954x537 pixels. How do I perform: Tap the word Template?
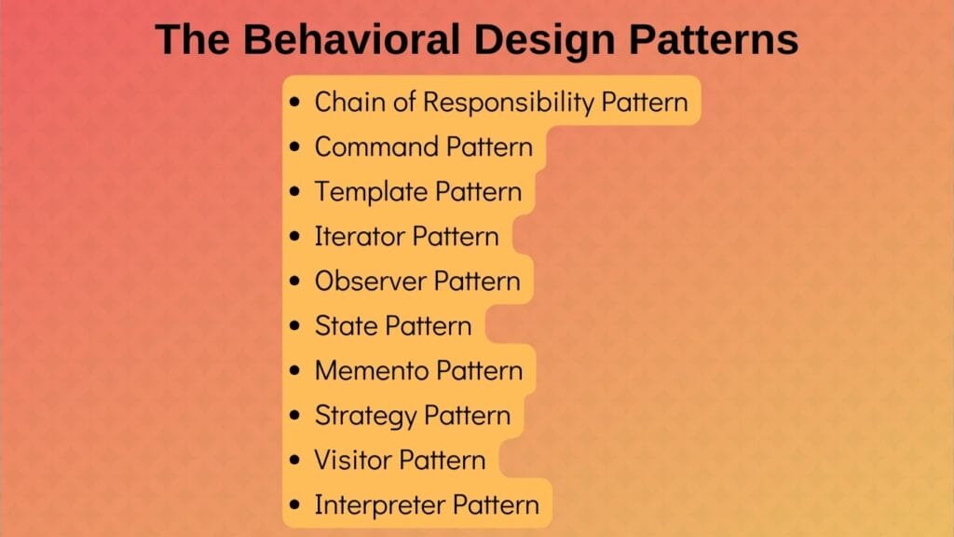point(371,191)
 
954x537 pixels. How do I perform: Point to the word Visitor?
point(353,460)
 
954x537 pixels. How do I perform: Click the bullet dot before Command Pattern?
point(295,147)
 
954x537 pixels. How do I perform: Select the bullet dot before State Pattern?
point(295,326)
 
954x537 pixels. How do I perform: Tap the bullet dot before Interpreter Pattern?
point(295,505)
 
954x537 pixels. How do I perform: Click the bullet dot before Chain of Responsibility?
point(295,103)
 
